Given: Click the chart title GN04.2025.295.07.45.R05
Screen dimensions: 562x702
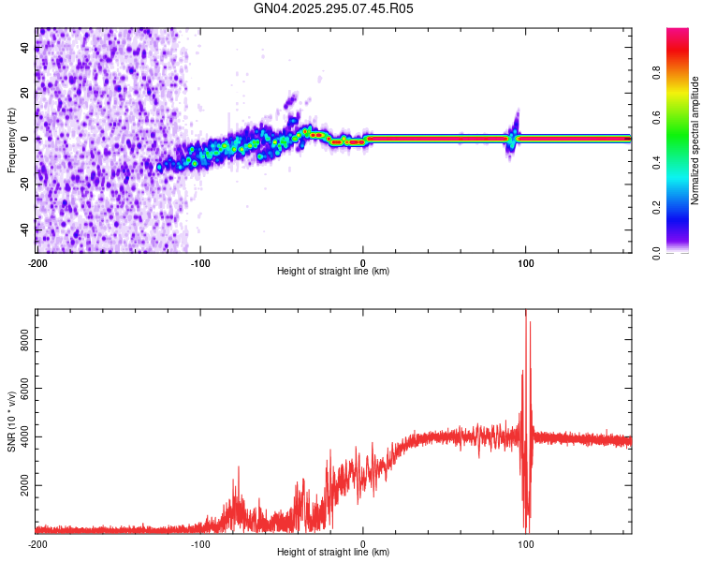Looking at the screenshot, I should click(333, 8).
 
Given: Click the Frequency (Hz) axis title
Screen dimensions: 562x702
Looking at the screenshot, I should click(11, 139).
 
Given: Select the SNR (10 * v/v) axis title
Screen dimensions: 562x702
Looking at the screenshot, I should click(11, 421).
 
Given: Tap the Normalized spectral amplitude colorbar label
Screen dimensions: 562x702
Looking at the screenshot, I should click(695, 141).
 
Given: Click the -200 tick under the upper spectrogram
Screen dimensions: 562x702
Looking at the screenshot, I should click(37, 262).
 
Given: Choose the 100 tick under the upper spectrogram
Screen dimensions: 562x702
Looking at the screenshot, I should click(526, 262).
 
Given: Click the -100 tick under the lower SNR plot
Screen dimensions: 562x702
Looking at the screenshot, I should click(199, 543).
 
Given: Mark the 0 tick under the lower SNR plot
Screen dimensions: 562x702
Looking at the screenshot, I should click(363, 543).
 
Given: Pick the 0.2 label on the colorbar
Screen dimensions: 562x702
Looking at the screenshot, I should click(657, 208).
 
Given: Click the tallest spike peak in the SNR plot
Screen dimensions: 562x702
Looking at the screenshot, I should click(525, 311).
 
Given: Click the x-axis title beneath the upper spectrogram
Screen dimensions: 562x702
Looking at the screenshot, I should click(333, 272).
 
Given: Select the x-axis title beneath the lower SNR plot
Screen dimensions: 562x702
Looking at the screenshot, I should click(333, 553).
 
